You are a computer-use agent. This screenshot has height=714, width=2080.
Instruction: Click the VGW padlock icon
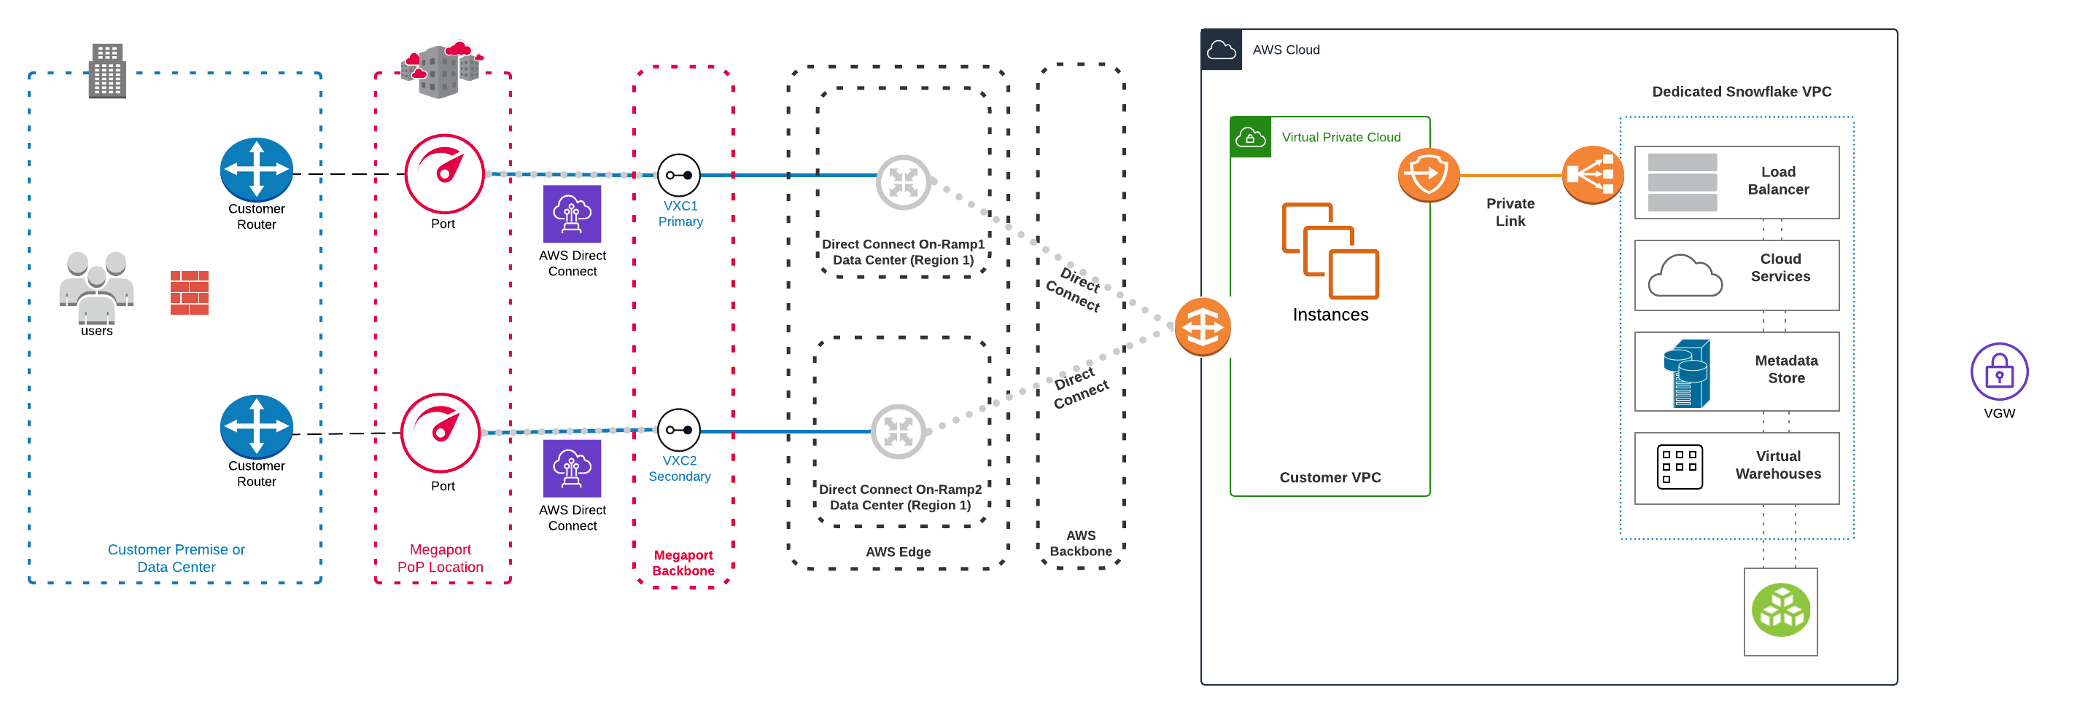click(1998, 372)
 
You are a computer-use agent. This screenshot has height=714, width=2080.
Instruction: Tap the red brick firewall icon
click(190, 292)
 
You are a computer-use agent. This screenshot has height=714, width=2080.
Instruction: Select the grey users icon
click(96, 286)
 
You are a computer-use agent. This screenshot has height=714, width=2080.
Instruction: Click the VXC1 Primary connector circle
click(678, 175)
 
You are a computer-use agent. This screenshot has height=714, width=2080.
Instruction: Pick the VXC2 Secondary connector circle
click(678, 430)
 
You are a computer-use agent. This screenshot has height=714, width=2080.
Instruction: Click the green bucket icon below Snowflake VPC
click(1780, 611)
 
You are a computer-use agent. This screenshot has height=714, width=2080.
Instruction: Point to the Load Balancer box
click(1736, 182)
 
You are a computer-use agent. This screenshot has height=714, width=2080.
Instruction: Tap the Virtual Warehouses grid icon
click(1679, 466)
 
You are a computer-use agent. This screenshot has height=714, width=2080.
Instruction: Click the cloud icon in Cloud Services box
click(1685, 276)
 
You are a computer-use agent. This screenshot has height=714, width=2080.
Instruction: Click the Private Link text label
click(1510, 212)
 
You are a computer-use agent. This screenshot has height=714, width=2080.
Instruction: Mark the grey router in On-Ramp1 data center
click(903, 182)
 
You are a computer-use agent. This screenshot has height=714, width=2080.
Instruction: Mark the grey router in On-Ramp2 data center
click(898, 431)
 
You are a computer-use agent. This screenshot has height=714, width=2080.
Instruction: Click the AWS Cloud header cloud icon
click(1221, 50)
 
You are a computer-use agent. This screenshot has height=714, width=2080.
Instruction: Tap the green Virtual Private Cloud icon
click(1250, 137)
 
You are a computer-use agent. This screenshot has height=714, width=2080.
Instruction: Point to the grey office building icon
click(106, 71)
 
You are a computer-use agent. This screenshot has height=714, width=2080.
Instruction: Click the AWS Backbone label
click(1080, 543)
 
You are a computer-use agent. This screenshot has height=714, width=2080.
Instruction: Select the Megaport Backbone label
click(683, 562)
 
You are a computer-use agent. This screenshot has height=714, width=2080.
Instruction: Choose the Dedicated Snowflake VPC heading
click(1741, 92)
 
